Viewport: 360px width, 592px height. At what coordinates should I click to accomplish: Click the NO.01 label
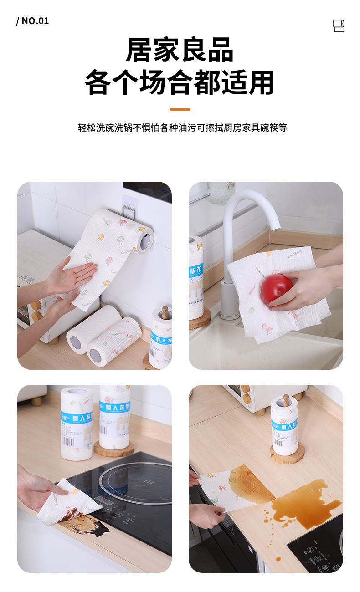click(32, 21)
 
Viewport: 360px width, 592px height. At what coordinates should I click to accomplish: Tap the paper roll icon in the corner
click(338, 26)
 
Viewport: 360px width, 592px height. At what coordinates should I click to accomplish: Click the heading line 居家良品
click(180, 50)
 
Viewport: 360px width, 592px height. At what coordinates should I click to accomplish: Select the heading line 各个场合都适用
click(180, 82)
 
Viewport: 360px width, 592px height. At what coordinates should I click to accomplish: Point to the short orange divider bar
click(180, 109)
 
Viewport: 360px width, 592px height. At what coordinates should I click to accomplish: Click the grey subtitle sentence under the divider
click(182, 128)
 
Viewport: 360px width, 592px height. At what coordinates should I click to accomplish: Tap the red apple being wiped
click(276, 288)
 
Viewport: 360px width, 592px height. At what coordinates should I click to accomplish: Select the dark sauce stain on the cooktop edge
click(89, 524)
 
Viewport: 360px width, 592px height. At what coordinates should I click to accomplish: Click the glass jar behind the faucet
click(221, 192)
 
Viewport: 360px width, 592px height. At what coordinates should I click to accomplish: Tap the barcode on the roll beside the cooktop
click(68, 441)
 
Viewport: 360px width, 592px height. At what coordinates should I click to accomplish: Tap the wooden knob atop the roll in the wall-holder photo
click(165, 312)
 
